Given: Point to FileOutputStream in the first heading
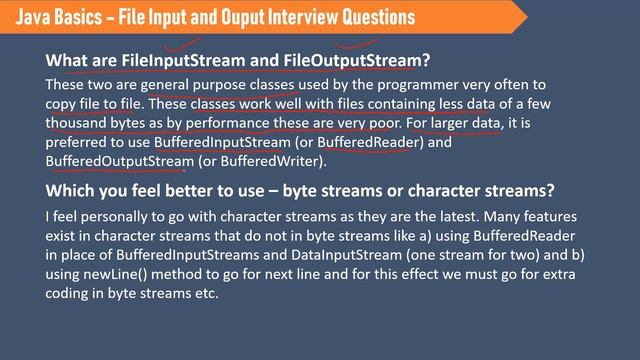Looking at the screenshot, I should [x=346, y=59].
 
